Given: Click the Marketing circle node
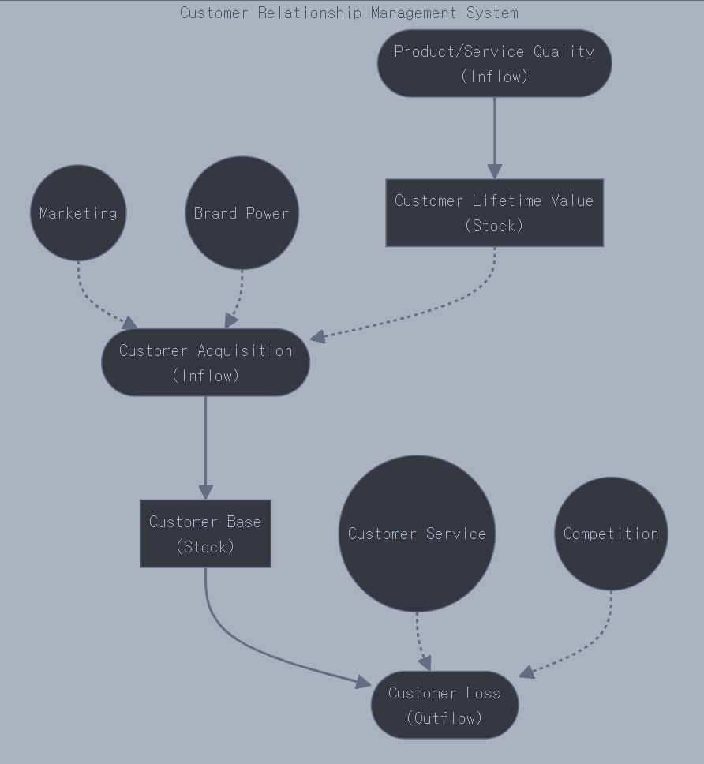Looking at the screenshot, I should (78, 213).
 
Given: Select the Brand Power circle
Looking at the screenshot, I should (242, 213).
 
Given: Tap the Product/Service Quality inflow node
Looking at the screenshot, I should (494, 63).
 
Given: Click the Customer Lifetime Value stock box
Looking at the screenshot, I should (494, 213).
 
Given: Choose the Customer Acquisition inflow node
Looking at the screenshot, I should (205, 362).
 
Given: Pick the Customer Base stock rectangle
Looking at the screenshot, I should (205, 534).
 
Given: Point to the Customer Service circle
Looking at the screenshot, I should (417, 534).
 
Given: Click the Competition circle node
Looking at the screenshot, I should (611, 534).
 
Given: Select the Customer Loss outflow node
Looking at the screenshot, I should (444, 705).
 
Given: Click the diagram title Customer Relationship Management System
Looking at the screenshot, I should (349, 13).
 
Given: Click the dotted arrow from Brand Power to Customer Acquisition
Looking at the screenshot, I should (238, 296).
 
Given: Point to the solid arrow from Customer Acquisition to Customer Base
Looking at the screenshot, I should (205, 446).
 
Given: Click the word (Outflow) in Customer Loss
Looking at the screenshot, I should (444, 717).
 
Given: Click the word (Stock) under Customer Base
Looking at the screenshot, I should (205, 546).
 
